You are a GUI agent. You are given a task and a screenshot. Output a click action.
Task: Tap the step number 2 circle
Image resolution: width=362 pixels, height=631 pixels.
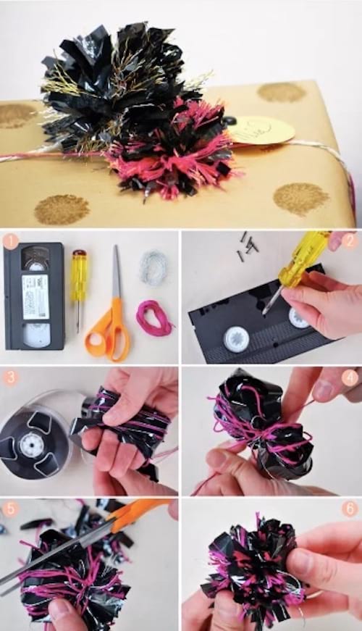pos(350,241)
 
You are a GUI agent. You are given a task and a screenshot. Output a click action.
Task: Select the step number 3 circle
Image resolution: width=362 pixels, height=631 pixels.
pos(10,377)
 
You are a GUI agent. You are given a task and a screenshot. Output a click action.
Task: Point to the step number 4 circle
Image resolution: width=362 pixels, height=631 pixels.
pos(350,377)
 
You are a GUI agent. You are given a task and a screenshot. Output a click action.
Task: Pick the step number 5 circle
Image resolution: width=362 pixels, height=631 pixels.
pos(10,509)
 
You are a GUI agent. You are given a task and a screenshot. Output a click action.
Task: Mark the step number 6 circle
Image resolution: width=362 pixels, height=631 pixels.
pos(350,509)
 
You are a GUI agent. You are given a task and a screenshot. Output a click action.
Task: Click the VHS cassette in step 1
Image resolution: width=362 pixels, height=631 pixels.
pos(34,296)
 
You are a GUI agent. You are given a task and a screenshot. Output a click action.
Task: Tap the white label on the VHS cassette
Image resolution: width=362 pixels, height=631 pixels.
pos(34,296)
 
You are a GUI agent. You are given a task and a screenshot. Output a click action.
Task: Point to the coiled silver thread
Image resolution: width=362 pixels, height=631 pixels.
pos(153,267)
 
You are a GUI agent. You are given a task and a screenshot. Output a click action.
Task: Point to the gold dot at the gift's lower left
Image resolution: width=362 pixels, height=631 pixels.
pos(62,209)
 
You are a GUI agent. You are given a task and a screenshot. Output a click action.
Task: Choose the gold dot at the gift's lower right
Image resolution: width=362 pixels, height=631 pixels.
pos(301,198)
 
